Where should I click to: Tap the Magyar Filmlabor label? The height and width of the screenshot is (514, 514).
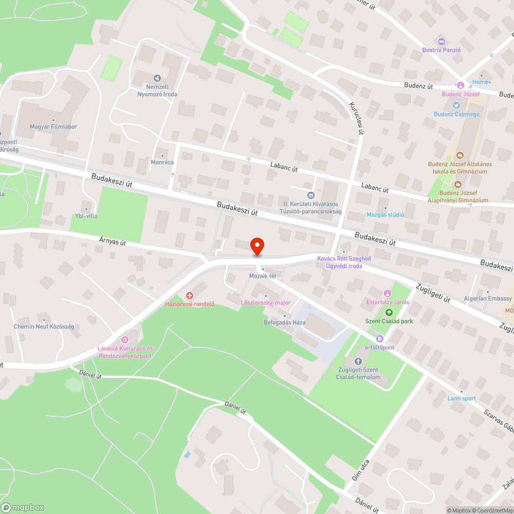coord(53,127)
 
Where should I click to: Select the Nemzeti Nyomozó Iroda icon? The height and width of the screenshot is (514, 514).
coord(157,78)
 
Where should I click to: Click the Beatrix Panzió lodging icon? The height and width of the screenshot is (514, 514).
coord(440,41)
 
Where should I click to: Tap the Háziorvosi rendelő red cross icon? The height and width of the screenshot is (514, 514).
coord(190,296)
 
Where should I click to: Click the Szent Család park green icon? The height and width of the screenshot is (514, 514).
coord(389,312)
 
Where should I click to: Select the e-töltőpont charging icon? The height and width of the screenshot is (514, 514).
coord(379,339)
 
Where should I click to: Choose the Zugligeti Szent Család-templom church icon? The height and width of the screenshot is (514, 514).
coord(359,361)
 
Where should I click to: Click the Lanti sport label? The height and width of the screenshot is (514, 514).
coord(461,398)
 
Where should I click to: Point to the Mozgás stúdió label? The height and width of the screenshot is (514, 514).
coord(385,215)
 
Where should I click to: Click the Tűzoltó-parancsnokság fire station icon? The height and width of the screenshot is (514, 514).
coord(310,195)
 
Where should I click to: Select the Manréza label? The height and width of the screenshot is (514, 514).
coord(162,162)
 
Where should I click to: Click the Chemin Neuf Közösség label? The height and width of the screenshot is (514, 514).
coord(44,327)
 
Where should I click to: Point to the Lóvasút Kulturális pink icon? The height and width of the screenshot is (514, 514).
coord(124,339)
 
